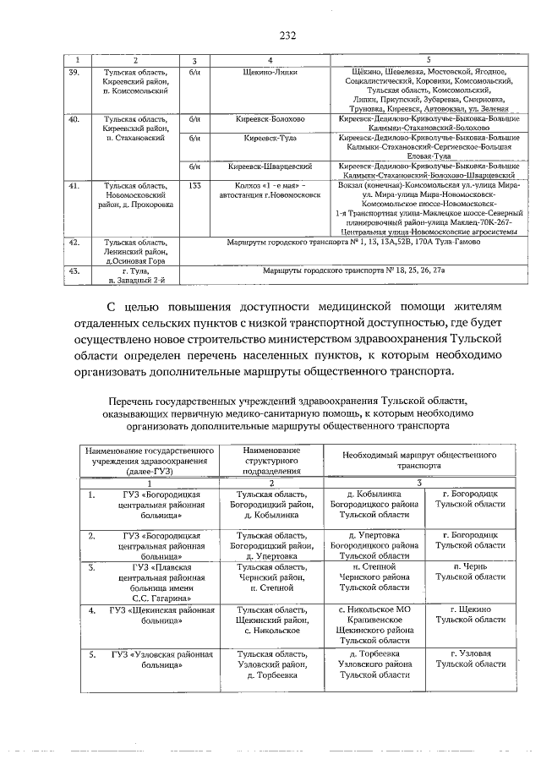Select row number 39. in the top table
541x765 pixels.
(74, 73)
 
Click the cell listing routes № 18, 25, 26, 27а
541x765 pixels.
(349, 270)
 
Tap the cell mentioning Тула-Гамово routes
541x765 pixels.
(349, 242)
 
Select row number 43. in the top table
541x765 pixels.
(74, 270)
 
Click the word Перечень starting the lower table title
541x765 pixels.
(128, 400)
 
